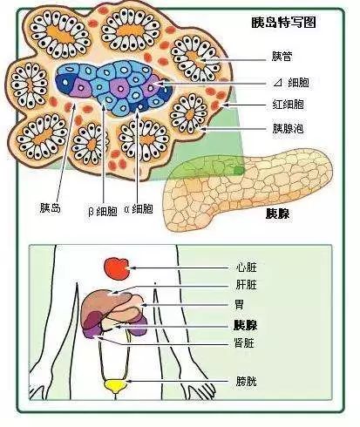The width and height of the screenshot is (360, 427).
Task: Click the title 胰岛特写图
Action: (283, 23)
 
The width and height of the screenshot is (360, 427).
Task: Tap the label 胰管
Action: (282, 57)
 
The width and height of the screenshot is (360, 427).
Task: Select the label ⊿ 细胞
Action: (291, 83)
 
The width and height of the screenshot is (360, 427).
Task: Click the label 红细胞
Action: (288, 105)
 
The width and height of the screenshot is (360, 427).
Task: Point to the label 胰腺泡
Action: (288, 128)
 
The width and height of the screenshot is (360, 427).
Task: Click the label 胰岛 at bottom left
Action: (50, 208)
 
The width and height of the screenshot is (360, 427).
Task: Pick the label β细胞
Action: (103, 211)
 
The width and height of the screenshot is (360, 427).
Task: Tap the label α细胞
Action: (139, 209)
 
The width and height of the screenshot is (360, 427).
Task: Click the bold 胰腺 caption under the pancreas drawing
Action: (278, 213)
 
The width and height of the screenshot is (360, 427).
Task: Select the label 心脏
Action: (247, 268)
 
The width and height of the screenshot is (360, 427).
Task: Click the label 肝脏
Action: (247, 285)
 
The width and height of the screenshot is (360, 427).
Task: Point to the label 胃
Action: (240, 305)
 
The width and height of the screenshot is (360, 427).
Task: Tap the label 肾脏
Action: (244, 342)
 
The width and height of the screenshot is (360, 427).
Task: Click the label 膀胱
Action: (247, 381)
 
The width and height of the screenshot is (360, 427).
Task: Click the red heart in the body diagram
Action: (117, 269)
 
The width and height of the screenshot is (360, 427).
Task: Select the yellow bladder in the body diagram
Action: (115, 387)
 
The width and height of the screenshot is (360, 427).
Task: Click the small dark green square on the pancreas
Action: (239, 170)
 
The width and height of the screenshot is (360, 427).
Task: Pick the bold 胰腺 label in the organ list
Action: (246, 325)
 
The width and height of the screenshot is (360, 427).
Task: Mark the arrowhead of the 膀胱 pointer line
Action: (129, 381)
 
